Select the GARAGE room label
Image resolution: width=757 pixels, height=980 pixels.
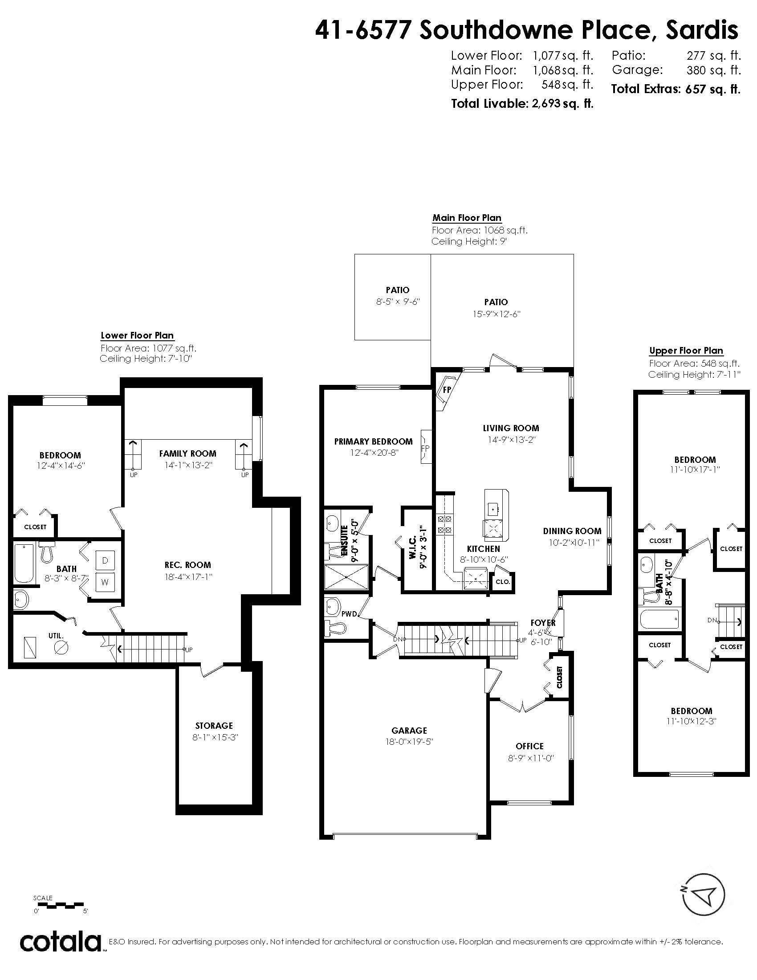point(409,731)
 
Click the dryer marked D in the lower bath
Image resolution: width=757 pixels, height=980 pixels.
point(106,560)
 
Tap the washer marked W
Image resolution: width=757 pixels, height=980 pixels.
point(106,583)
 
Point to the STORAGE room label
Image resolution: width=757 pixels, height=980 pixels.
point(214,726)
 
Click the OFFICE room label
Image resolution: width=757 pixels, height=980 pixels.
point(529,746)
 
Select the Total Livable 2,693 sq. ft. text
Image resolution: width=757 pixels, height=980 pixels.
point(522,104)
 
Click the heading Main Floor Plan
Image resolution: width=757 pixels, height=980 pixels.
point(466,218)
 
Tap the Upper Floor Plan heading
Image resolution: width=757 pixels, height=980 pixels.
point(686,351)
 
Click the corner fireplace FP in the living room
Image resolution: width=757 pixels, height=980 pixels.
point(447,389)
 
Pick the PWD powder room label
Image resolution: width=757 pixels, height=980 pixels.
point(348,613)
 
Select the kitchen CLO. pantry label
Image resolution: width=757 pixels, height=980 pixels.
point(503,581)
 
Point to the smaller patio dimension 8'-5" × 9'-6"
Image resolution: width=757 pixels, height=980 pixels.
point(397,302)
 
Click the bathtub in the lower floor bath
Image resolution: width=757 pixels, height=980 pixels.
point(24,563)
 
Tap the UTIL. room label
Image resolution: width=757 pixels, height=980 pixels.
point(56,635)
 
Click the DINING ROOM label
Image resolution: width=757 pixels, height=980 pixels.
point(572,531)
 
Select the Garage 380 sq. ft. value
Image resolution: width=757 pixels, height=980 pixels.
point(713,70)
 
